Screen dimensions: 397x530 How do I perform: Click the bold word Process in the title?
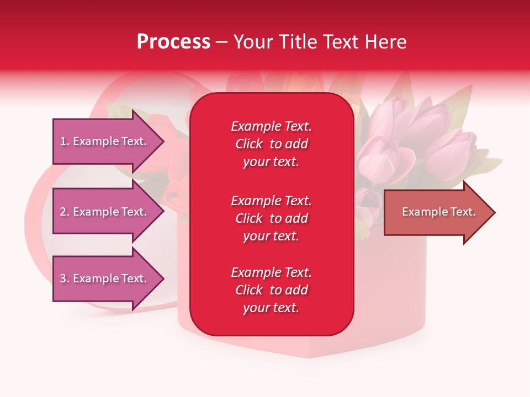click(173, 42)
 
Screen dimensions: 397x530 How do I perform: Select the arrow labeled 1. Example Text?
click(103, 141)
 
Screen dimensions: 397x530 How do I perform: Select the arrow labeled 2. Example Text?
click(103, 212)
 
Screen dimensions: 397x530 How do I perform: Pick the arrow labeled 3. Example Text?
click(103, 278)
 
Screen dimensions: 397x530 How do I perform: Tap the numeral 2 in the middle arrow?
click(63, 212)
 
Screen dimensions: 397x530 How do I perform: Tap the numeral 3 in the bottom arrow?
click(63, 278)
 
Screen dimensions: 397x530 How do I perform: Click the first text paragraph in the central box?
click(271, 144)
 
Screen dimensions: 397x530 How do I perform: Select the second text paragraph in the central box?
click(271, 218)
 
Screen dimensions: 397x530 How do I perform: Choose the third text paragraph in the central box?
click(271, 290)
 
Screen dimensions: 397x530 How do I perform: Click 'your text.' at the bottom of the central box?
click(271, 308)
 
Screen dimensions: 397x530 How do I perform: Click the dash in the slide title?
click(221, 42)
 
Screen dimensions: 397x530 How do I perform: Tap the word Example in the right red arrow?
click(422, 212)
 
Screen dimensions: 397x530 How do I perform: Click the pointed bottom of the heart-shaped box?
click(309, 356)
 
